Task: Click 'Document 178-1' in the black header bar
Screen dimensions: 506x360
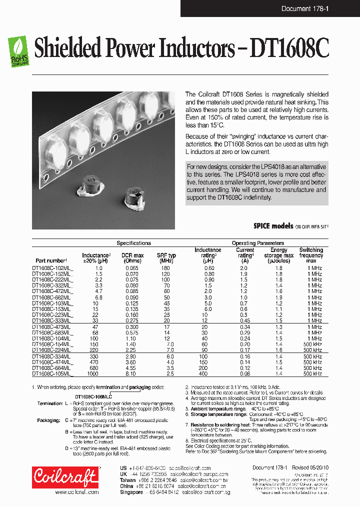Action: (x=304, y=8)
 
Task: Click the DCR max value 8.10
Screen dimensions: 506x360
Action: (x=132, y=373)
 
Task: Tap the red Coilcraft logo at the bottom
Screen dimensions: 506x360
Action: (x=65, y=477)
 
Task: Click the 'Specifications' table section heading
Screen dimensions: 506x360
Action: (x=133, y=243)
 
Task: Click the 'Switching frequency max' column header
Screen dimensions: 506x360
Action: (x=311, y=255)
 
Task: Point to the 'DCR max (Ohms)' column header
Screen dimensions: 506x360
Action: (x=132, y=258)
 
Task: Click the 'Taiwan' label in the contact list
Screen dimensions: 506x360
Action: (x=128, y=479)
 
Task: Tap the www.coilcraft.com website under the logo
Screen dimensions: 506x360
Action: (x=76, y=492)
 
